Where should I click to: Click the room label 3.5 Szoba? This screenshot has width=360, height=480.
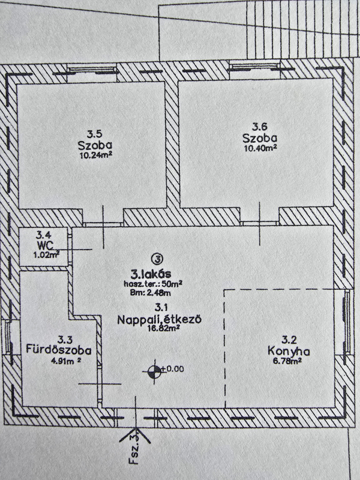pos(95,140)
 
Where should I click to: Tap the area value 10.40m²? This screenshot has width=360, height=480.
pos(260,148)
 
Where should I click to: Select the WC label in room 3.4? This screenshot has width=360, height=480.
pos(44,245)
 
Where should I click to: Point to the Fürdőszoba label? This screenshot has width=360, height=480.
pos(58,350)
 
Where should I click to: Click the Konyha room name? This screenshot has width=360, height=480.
pos(289,351)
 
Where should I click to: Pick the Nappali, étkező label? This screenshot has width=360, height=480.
pos(159,319)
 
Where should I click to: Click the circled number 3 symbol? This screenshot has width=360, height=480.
pos(158,259)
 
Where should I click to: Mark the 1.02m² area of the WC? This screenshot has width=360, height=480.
pos(46,254)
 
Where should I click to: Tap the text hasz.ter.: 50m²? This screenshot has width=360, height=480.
pos(153,284)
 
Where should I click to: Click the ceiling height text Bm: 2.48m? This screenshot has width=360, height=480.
pos(151,293)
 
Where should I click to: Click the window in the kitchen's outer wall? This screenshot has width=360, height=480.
pos(347,322)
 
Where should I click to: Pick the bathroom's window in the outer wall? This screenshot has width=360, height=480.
pos(8,337)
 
